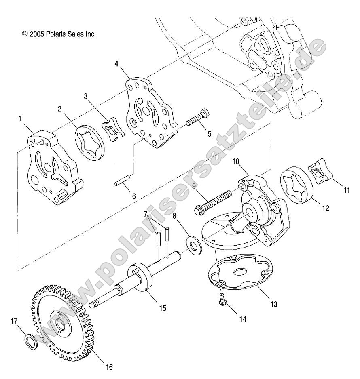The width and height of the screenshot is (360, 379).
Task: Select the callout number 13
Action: click(274, 304)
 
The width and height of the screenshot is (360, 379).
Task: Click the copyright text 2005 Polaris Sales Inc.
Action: click(59, 34)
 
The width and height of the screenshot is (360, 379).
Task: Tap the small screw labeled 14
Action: click(222, 300)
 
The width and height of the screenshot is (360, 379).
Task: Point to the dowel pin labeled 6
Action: click(121, 180)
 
